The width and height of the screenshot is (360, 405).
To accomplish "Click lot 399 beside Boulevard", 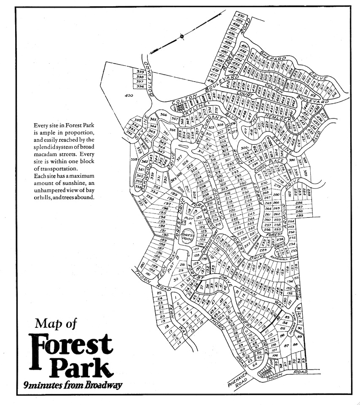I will pos(140,72).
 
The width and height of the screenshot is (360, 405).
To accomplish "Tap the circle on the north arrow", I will pos(181,36).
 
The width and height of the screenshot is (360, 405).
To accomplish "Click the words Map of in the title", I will pos(56,324).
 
